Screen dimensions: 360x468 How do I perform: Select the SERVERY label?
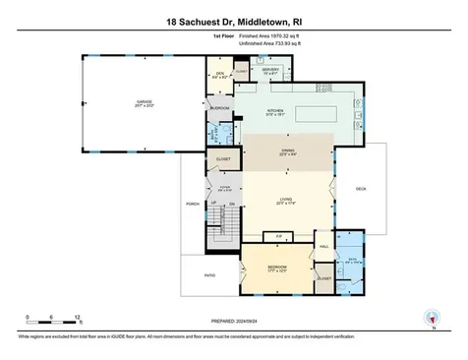[270, 70]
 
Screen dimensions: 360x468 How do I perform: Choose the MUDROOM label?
[220, 108]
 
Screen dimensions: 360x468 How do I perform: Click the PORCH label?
[193, 204]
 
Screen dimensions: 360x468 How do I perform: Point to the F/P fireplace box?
[279, 237]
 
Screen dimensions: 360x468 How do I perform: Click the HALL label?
[322, 234]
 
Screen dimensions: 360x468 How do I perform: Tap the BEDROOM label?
[278, 268]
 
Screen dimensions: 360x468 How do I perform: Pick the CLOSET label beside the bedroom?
[323, 278]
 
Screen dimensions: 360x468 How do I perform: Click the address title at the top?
[233, 20]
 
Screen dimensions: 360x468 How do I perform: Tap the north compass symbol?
[428, 317]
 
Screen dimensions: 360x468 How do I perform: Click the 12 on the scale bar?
[78, 317]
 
